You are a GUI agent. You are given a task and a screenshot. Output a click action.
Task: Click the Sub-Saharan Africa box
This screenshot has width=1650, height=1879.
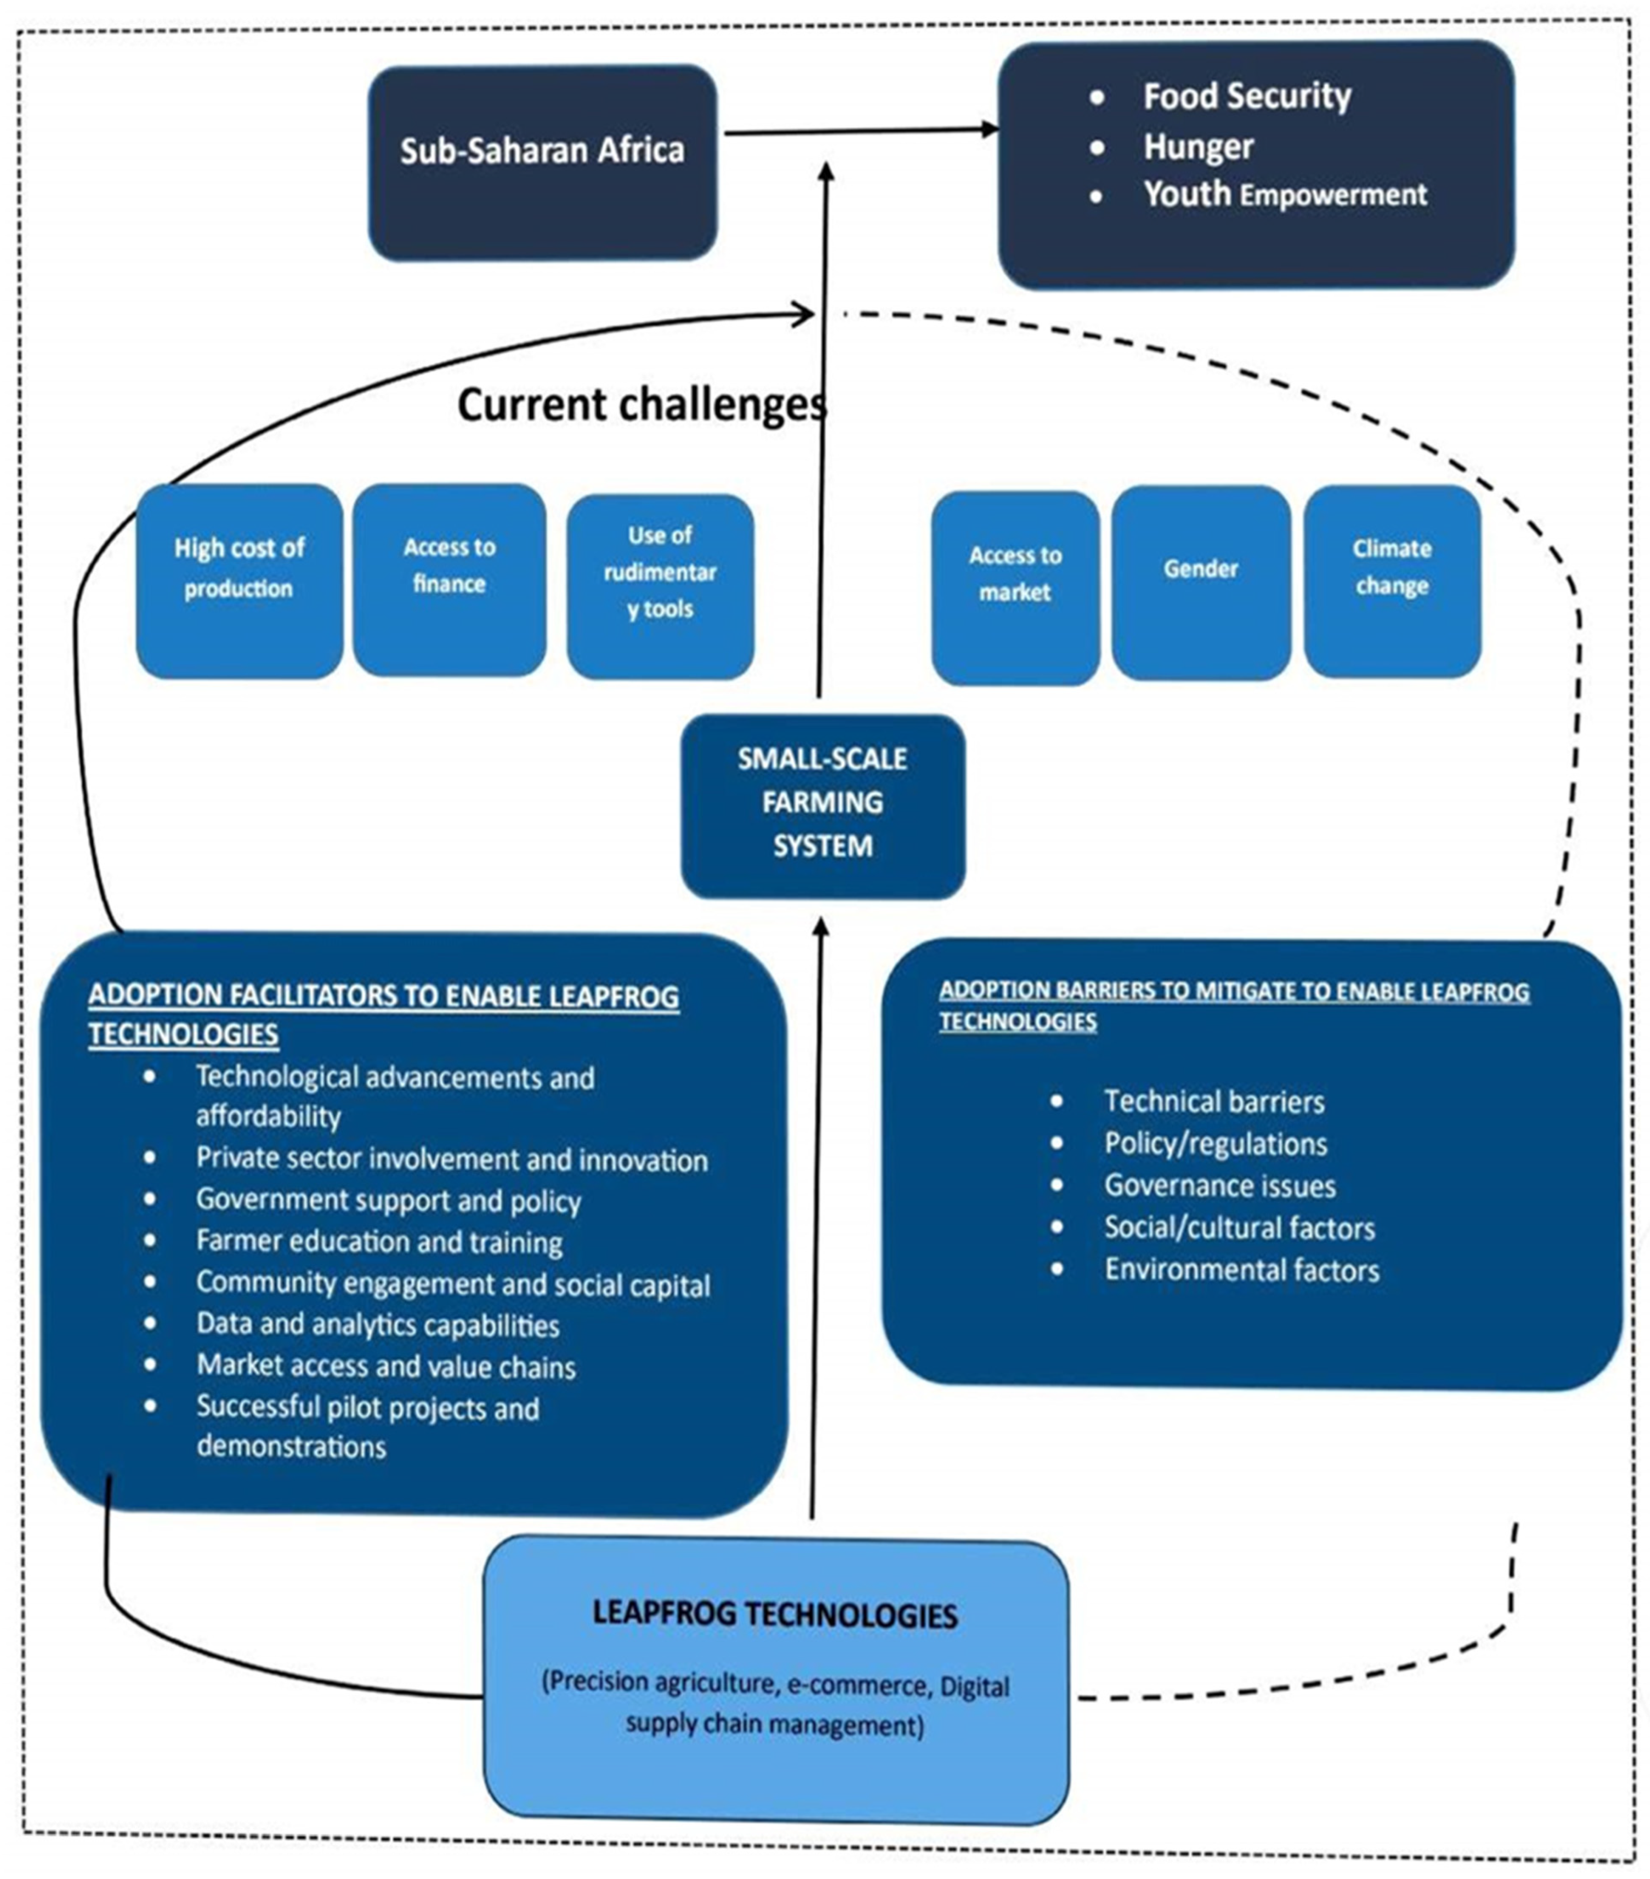click(542, 163)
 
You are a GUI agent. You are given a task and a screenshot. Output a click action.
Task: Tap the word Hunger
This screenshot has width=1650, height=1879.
click(1198, 146)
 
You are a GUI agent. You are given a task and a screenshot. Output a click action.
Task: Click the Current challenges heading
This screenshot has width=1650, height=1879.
click(642, 404)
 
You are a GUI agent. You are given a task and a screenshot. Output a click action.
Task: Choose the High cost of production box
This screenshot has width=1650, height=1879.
click(239, 581)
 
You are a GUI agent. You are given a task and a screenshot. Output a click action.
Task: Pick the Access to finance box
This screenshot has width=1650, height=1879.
click(450, 579)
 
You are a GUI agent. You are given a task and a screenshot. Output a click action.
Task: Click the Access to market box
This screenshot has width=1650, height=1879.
click(1015, 587)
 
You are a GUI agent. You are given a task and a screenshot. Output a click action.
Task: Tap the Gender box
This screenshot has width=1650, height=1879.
click(1200, 583)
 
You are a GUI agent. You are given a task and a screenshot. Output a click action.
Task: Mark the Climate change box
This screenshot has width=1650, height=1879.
click(1392, 581)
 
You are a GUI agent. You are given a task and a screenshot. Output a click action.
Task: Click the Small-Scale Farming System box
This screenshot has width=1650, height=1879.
click(823, 806)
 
